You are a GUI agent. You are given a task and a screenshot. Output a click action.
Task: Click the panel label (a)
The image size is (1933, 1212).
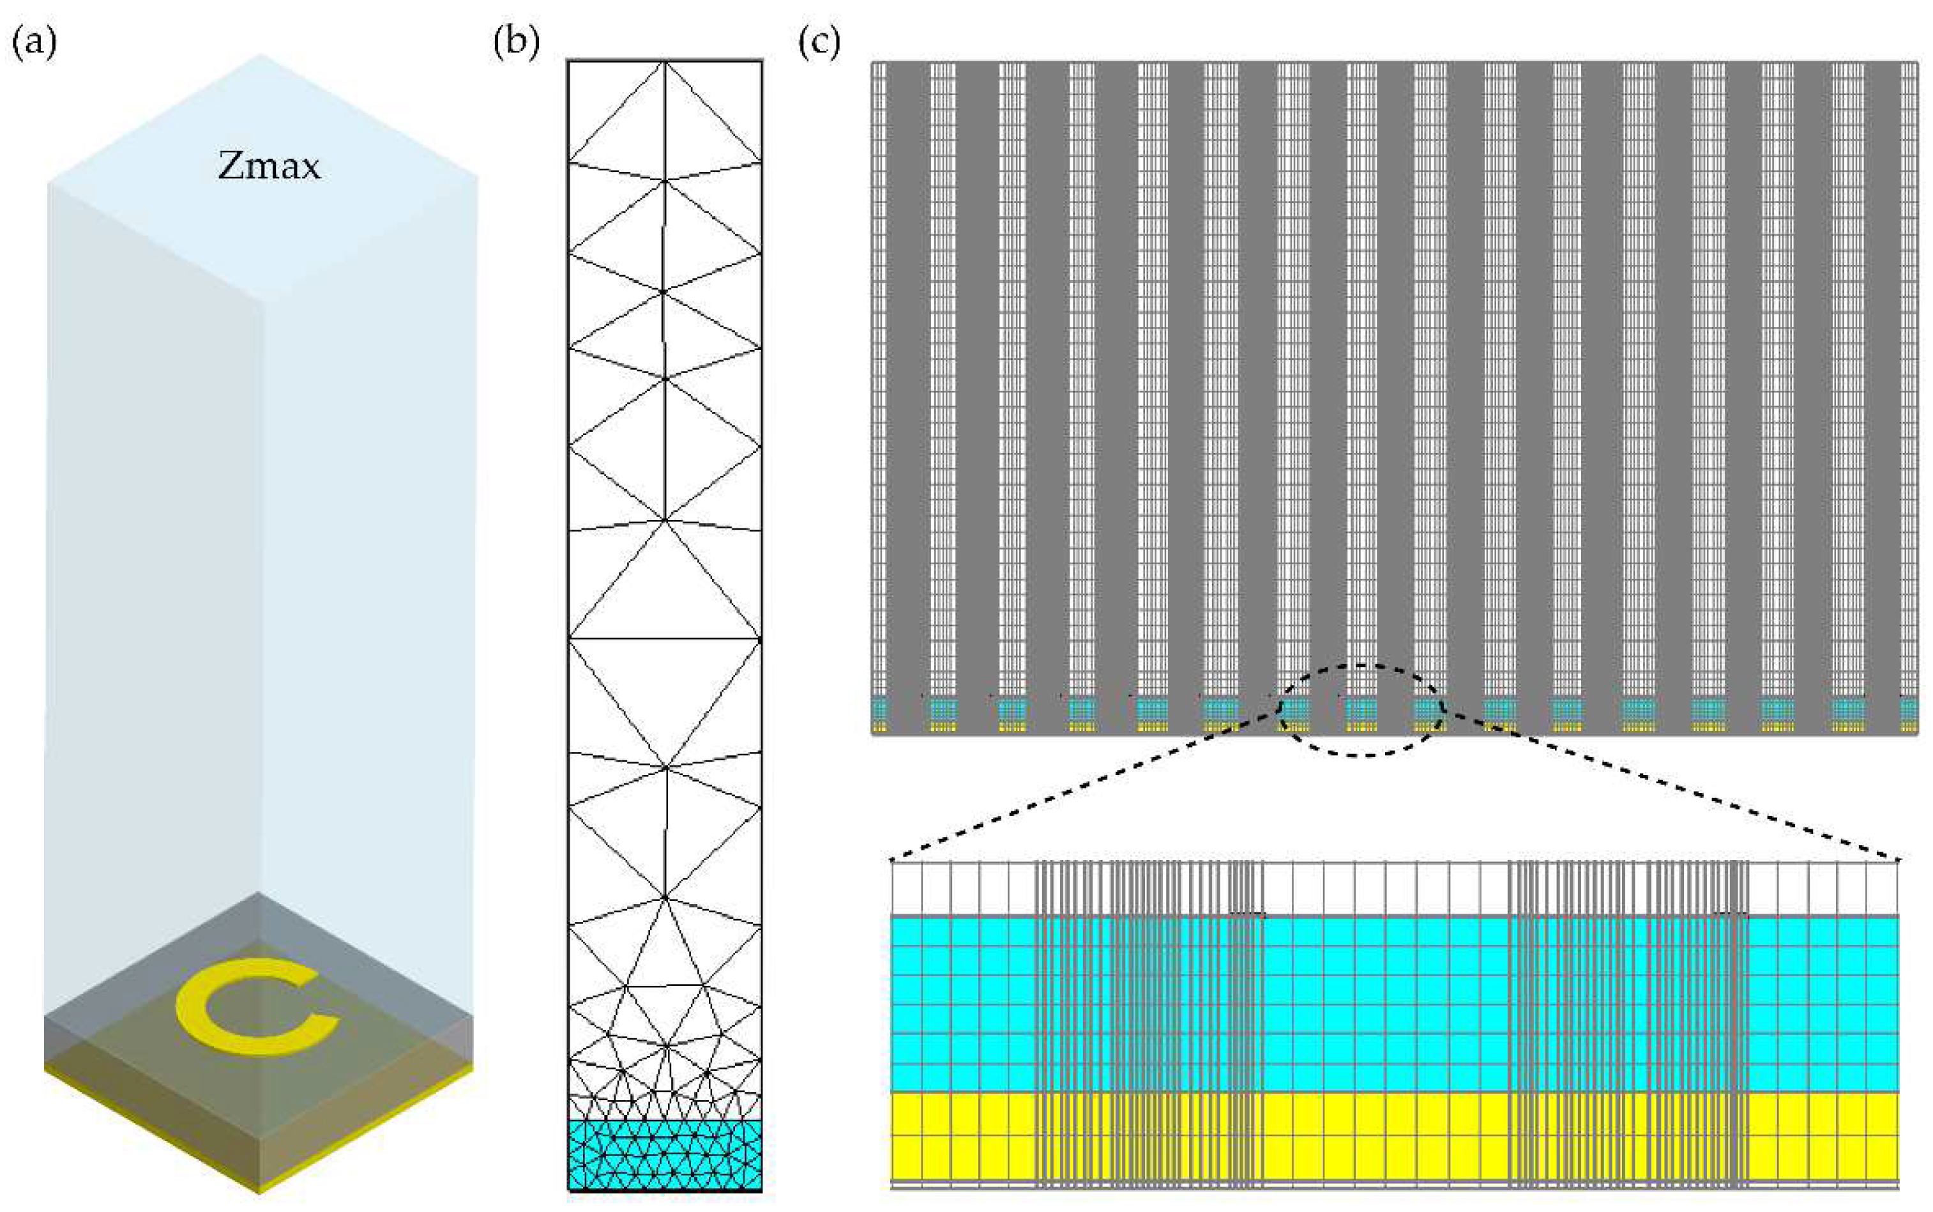(x=34, y=42)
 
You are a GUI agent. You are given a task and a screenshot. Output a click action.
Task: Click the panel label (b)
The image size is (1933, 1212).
(x=516, y=42)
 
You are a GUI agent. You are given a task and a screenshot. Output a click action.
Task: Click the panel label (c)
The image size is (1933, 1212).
(x=819, y=42)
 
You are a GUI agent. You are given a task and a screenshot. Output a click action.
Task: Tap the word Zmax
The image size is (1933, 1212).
(x=269, y=166)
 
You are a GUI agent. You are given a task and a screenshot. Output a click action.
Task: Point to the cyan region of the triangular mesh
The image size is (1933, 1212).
(x=664, y=1154)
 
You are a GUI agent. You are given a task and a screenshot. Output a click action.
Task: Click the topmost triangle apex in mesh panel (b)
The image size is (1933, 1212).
(x=664, y=63)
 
